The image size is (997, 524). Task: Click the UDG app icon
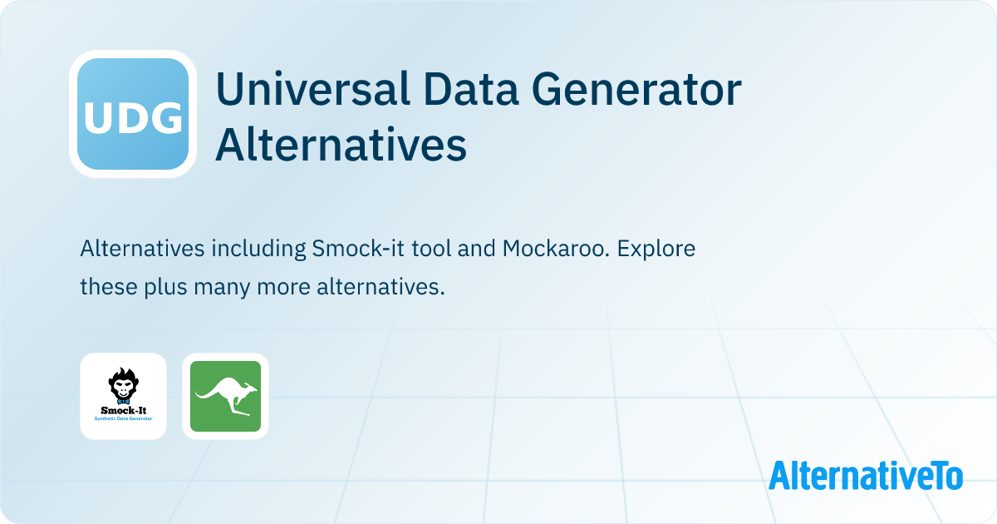coord(132,114)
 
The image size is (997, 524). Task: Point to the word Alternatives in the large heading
coord(341,146)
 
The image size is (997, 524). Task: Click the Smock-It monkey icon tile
coord(123,396)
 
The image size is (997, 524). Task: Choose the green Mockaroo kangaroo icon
coord(225,396)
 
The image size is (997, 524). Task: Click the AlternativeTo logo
coord(866,476)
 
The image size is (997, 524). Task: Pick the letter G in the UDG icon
coord(167,119)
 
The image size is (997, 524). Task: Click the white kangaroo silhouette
coord(225,394)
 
